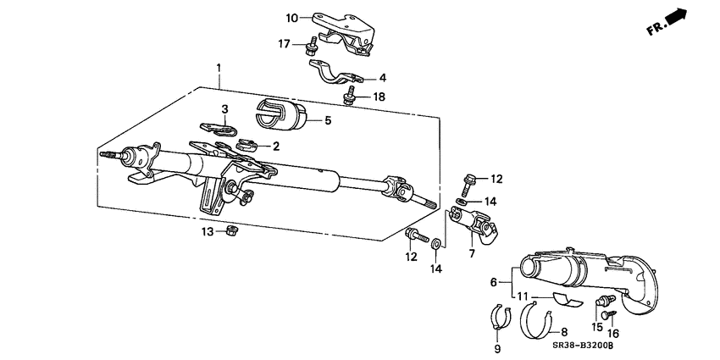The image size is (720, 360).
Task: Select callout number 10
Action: click(x=291, y=17)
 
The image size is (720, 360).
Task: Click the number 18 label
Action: click(x=379, y=97)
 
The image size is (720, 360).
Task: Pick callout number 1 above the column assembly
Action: click(x=219, y=67)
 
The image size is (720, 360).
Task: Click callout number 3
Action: click(x=226, y=109)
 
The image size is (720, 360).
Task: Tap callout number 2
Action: click(x=275, y=147)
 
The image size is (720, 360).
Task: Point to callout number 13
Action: click(x=208, y=230)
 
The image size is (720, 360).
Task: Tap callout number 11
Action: click(x=523, y=296)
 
